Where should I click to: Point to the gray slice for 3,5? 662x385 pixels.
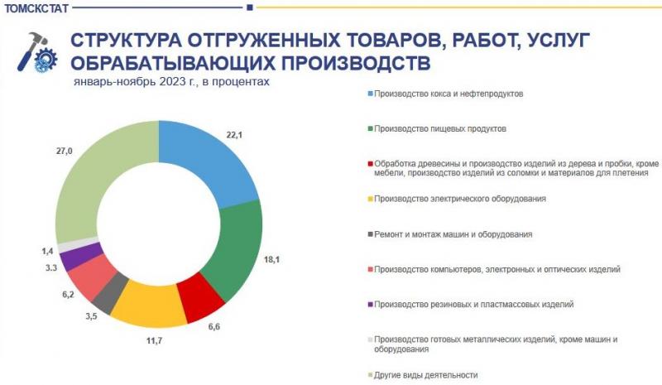(109, 293)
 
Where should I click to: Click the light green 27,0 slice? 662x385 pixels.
(93, 177)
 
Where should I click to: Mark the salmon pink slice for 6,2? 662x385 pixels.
(92, 277)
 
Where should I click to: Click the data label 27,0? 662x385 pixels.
(65, 151)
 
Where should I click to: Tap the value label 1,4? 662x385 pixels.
(47, 252)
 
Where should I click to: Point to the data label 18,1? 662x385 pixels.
(271, 259)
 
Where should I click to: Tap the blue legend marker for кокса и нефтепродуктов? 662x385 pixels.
(370, 94)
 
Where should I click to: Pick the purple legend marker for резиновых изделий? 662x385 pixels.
(370, 305)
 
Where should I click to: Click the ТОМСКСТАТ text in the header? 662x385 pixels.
(36, 8)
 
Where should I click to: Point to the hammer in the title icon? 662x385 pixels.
(31, 51)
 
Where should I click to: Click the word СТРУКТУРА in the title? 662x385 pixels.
(126, 41)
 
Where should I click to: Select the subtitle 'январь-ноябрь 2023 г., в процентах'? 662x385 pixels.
(171, 82)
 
